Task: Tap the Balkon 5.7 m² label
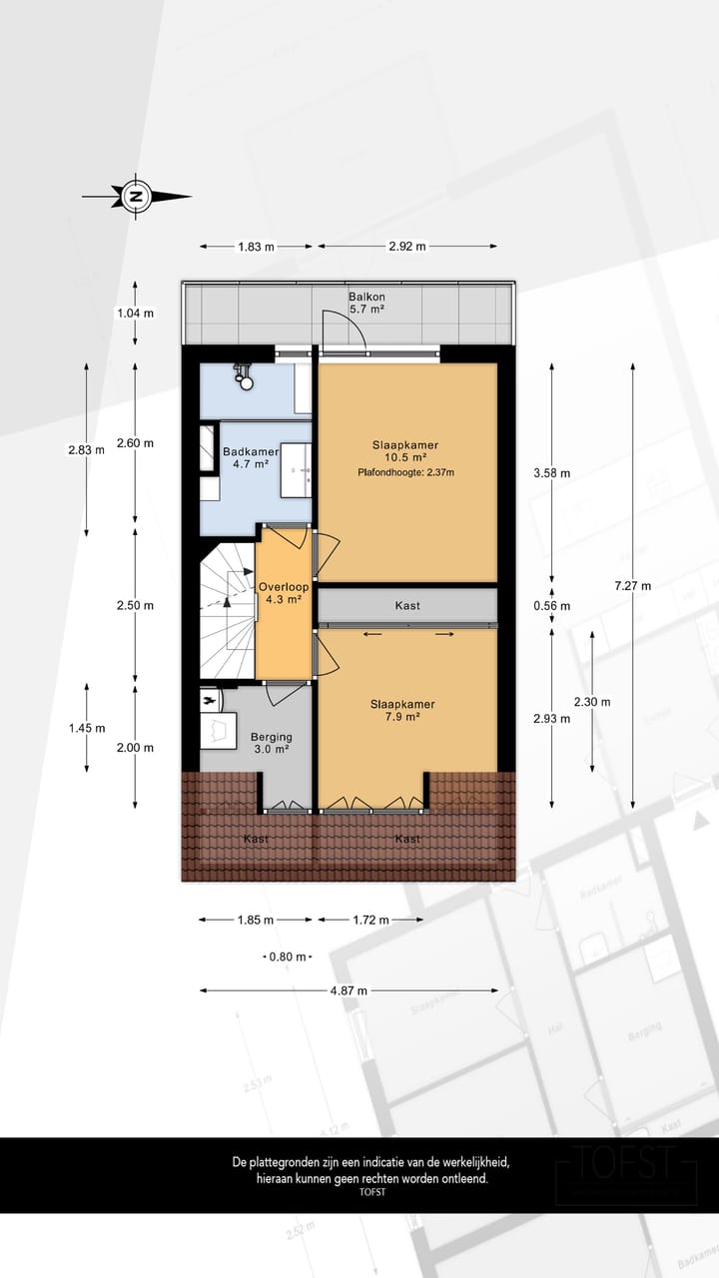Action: tap(366, 304)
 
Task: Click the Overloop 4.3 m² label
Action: tap(283, 593)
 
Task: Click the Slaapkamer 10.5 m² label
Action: tap(405, 451)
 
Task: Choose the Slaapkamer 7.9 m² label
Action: tap(405, 710)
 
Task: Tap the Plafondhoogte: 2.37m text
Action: tap(405, 472)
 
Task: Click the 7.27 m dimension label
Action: tap(632, 586)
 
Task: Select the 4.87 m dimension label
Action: tap(349, 990)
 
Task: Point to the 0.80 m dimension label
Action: tap(289, 957)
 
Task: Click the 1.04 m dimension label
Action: tap(136, 313)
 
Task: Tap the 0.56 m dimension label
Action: tap(551, 606)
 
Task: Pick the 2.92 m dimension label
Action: tap(407, 247)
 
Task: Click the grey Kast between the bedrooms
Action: tap(406, 606)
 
